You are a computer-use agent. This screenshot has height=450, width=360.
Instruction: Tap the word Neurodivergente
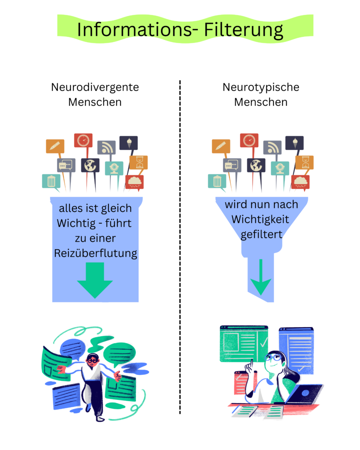95,87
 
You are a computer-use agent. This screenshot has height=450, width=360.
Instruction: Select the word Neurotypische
261,87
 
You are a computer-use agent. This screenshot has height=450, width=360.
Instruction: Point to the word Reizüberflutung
96,254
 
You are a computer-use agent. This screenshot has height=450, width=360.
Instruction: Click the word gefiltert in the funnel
261,234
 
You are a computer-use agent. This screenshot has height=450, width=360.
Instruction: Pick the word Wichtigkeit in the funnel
261,219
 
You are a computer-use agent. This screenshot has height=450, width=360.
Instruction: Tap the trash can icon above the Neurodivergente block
51,181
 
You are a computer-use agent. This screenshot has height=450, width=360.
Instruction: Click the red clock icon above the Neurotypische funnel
249,140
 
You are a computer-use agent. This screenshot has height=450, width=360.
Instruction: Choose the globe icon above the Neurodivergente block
90,165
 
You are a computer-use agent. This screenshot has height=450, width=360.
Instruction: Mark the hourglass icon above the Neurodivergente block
138,162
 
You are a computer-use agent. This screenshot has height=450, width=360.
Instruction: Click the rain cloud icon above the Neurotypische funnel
301,181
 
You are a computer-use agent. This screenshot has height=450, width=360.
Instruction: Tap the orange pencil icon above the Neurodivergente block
55,146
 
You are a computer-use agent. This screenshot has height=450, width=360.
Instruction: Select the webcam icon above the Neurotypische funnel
280,167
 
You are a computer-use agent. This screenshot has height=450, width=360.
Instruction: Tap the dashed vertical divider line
180,246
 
